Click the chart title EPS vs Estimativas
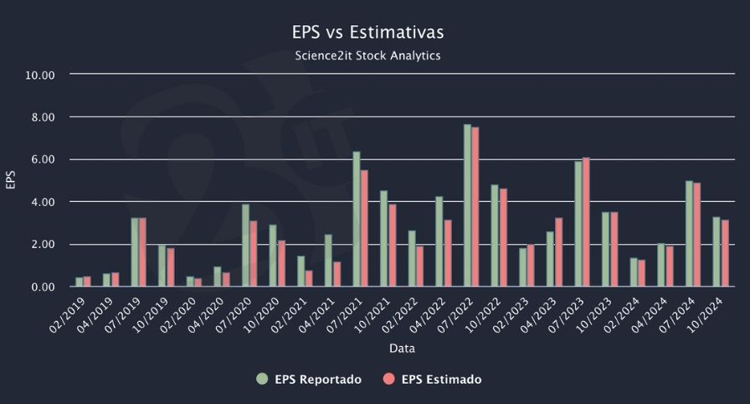pyautogui.click(x=367, y=32)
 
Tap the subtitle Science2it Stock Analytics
pyautogui.click(x=367, y=55)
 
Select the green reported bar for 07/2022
pyautogui.click(x=467, y=206)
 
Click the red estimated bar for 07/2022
pyautogui.click(x=475, y=207)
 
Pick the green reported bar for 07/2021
pyautogui.click(x=357, y=220)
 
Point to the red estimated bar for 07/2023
pyautogui.click(x=586, y=222)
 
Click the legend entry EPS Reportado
pyautogui.click(x=309, y=380)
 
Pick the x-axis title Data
pyautogui.click(x=401, y=348)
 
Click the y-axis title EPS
pyautogui.click(x=11, y=181)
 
